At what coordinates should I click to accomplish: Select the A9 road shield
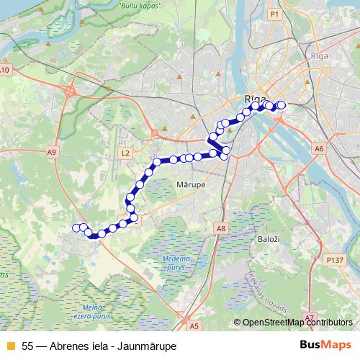click(x=52, y=152)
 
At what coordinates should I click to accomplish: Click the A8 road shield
click(x=221, y=228)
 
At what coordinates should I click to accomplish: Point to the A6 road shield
click(x=319, y=148)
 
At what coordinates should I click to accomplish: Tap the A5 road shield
click(x=194, y=325)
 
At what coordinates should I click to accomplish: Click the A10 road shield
click(x=5, y=70)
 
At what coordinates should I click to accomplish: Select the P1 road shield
click(x=274, y=14)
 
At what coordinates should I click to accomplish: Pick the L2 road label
click(x=125, y=153)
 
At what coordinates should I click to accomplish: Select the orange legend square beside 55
click(x=10, y=346)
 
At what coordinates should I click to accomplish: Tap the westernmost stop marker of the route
click(x=77, y=228)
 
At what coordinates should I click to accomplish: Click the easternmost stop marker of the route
click(x=282, y=105)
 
